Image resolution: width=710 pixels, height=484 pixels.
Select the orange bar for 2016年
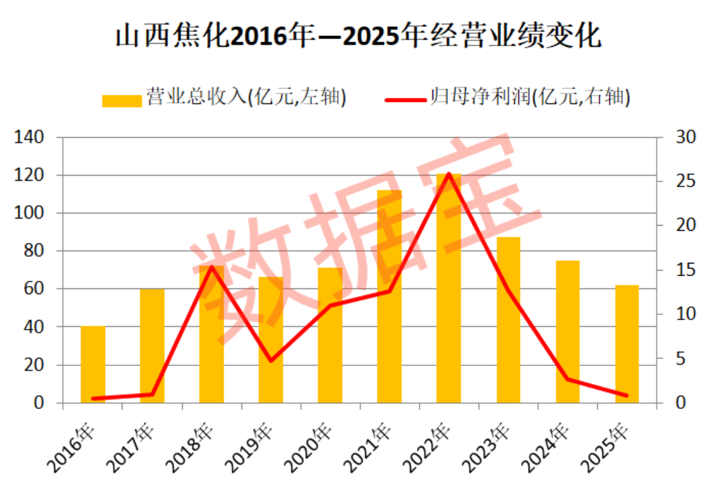click(93, 365)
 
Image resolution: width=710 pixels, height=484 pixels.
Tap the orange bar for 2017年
click(153, 346)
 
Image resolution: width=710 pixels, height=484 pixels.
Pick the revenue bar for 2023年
click(509, 320)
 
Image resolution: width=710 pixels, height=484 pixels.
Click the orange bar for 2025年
click(627, 344)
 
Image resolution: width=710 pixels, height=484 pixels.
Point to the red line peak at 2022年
click(449, 174)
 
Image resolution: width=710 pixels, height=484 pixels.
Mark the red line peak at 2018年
click(211, 267)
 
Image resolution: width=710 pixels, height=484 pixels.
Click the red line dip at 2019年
click(271, 360)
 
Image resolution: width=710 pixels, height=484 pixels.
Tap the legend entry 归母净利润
click(507, 97)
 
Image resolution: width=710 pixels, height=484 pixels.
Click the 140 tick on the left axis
click(29, 137)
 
